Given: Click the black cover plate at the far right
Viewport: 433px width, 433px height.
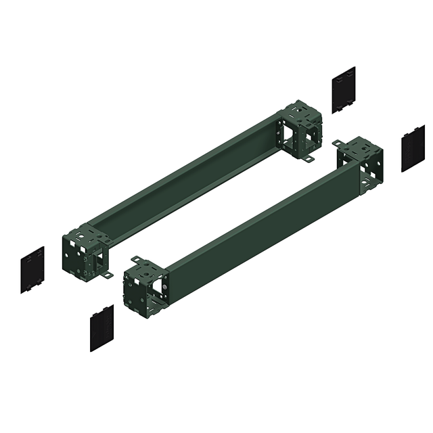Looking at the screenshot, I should click(x=413, y=148).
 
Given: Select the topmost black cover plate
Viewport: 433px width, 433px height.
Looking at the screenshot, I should click(x=344, y=89).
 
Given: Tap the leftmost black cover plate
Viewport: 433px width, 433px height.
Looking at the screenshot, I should click(x=32, y=269).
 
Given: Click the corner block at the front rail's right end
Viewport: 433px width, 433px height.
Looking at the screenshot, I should click(x=361, y=165).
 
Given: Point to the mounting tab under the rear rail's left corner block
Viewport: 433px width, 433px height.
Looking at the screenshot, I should click(x=108, y=275).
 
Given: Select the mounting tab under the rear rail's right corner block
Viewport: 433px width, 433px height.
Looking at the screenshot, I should click(x=308, y=159).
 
